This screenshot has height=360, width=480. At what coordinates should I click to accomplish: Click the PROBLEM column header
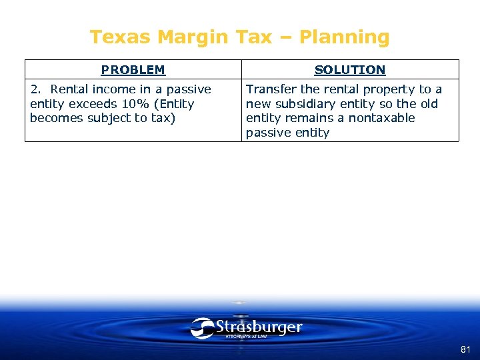click(133, 69)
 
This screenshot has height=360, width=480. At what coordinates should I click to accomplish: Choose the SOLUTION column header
click(350, 69)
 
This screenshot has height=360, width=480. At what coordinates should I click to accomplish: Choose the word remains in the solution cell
click(312, 118)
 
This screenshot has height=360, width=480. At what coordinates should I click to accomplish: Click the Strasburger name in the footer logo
click(259, 327)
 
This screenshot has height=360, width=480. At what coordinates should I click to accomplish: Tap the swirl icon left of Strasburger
click(202, 328)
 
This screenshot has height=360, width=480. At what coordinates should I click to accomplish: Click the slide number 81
click(465, 349)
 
